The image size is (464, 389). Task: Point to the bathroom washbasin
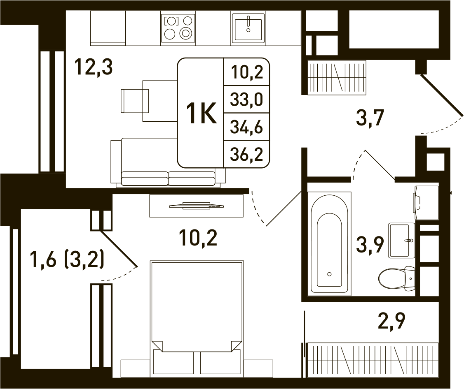401,241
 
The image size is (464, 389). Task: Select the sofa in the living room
168,162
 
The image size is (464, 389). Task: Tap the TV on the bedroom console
197,206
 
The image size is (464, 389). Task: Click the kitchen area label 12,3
93,67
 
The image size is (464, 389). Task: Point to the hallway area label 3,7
370,118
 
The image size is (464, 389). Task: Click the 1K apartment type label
201,113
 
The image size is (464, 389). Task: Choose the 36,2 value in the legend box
246,154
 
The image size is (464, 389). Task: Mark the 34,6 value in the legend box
246,127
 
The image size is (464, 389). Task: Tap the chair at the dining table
135,101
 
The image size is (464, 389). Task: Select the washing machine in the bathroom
426,203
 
